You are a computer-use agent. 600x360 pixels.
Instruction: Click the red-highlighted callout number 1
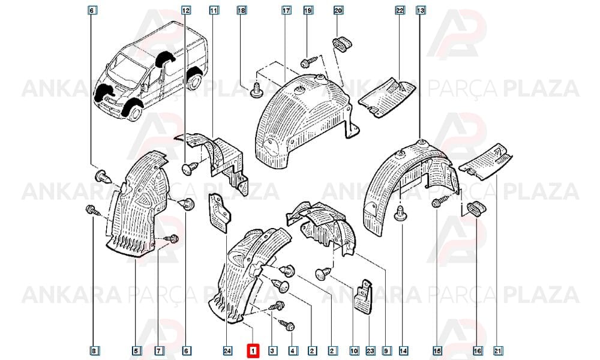[x=253, y=350]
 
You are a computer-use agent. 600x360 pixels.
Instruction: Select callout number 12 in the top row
[x=186, y=10]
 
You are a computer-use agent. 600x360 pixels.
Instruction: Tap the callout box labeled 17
[x=287, y=10]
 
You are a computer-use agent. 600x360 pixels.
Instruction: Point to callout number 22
[x=400, y=10]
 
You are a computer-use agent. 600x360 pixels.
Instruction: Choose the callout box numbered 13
[x=421, y=10]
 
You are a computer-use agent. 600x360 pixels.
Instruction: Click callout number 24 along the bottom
[x=227, y=350]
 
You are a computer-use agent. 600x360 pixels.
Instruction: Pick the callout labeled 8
[x=94, y=350]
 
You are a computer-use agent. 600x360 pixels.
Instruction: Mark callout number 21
[x=497, y=350]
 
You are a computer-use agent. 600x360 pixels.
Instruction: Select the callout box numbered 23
[x=370, y=350]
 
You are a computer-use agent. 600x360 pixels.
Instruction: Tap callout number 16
[x=477, y=350]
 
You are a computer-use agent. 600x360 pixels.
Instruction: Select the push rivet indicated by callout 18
[x=256, y=89]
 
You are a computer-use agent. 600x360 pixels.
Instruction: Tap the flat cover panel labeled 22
[x=386, y=97]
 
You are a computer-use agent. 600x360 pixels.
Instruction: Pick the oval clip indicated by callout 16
[x=475, y=209]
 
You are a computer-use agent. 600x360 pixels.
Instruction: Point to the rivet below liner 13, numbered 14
[x=400, y=213]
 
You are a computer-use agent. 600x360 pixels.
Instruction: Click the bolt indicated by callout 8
[x=92, y=210]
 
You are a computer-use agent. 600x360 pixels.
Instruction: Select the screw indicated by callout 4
[x=287, y=325]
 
